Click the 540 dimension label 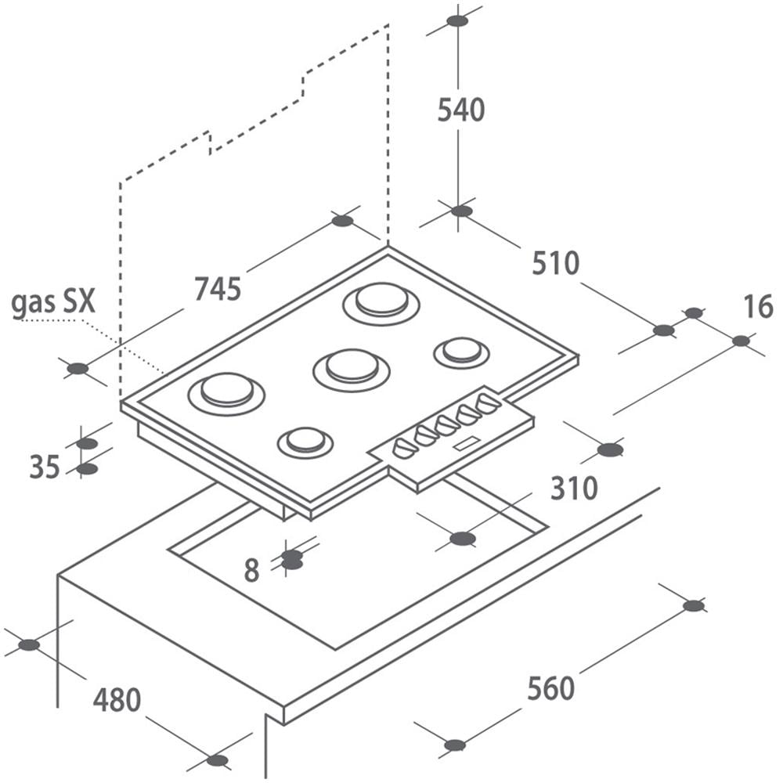click(461, 110)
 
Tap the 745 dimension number click(218, 289)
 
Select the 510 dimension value click(555, 263)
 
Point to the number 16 click(759, 307)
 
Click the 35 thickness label click(45, 467)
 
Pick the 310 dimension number click(574, 488)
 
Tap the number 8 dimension click(251, 570)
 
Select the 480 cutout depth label click(117, 700)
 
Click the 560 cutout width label click(550, 688)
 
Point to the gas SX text click(53, 302)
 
